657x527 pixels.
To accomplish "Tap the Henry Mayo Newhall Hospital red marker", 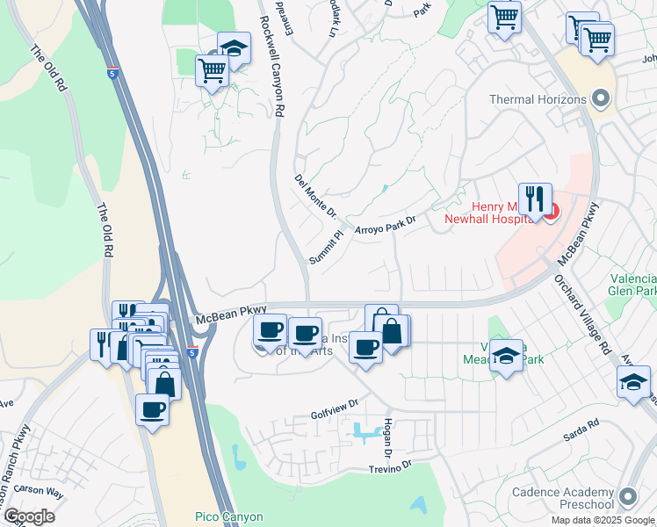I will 552,213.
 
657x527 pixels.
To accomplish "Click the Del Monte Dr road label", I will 316,196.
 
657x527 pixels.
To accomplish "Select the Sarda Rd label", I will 581,423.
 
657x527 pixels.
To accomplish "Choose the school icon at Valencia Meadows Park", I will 506,356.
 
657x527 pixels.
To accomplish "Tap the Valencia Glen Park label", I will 633,284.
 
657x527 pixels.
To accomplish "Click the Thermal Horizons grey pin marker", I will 601,98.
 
